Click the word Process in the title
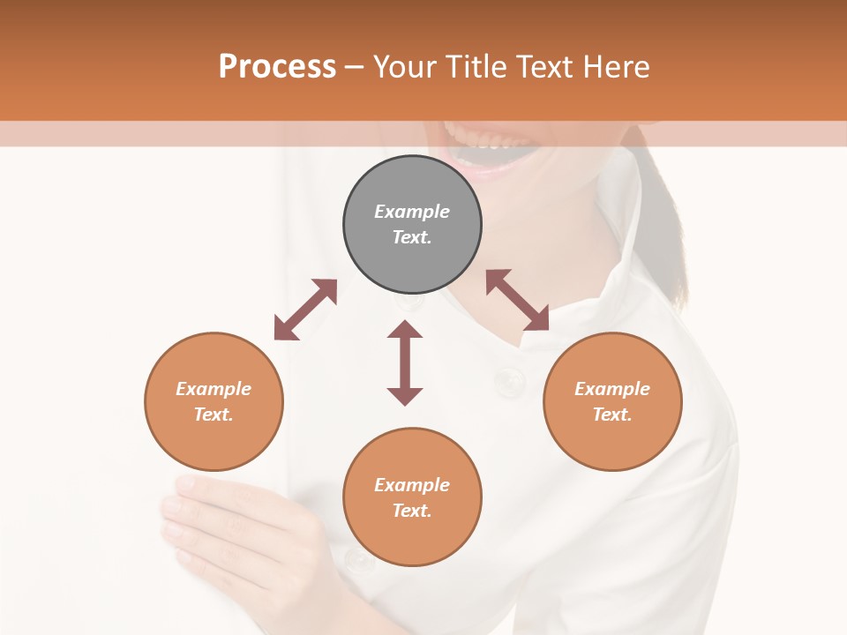(x=277, y=67)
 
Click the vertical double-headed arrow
(x=405, y=362)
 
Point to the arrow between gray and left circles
(x=305, y=310)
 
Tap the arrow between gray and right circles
(x=517, y=300)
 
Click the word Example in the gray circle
(x=412, y=212)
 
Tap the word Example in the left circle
(x=214, y=389)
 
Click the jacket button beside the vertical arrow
(x=509, y=380)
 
